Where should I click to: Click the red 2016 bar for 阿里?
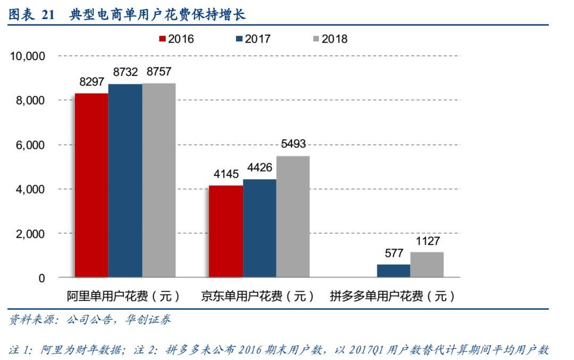click(x=91, y=185)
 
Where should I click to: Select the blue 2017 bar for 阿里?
click(x=125, y=181)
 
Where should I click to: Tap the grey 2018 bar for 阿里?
click(x=159, y=180)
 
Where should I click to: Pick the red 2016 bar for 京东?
click(x=226, y=231)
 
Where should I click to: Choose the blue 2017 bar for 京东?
click(x=259, y=228)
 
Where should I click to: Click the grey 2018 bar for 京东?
click(x=293, y=216)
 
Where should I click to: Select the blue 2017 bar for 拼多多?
click(x=393, y=271)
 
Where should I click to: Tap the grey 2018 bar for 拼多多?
click(x=427, y=264)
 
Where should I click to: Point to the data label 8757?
click(x=159, y=72)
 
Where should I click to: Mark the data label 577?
click(x=394, y=253)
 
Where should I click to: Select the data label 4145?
click(x=226, y=174)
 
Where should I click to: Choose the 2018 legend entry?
click(x=330, y=39)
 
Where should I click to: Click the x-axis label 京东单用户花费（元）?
click(x=258, y=296)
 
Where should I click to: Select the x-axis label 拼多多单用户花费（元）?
click(x=393, y=296)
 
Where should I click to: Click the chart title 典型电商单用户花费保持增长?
click(x=157, y=15)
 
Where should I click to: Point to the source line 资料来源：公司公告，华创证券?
click(x=90, y=320)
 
